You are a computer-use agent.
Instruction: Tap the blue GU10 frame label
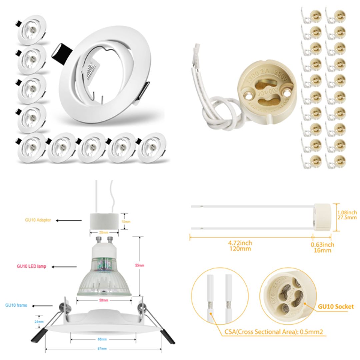pos(16,305)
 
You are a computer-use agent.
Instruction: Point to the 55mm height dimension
pos(140,265)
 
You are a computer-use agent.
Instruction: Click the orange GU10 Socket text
pos(336,306)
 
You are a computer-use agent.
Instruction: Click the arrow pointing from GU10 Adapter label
pos(68,220)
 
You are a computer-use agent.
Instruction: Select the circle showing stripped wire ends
pos(220,295)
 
